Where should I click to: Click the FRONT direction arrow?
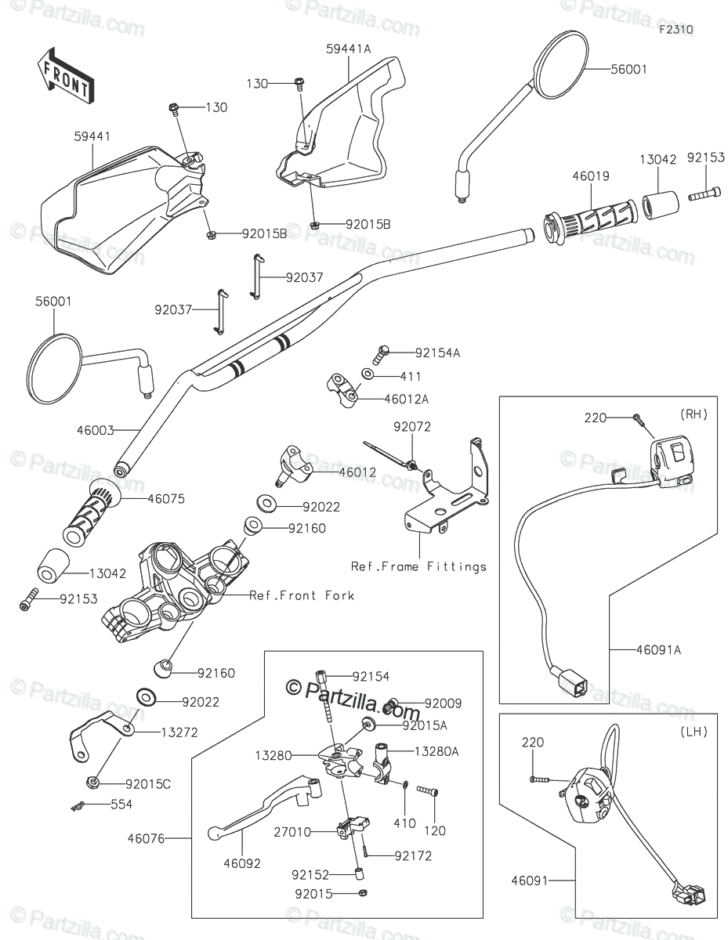point(65,76)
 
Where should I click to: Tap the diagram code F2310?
point(675,30)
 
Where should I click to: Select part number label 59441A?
point(348,49)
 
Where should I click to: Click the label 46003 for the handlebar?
point(95,430)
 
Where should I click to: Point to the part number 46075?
point(166,499)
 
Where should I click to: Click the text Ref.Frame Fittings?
point(418,566)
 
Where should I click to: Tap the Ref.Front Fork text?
point(302,595)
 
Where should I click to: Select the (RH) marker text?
point(694,414)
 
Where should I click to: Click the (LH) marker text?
point(694,732)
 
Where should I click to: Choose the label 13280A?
point(436,752)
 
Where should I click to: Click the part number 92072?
point(412,427)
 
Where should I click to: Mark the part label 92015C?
point(148,784)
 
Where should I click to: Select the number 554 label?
point(121,804)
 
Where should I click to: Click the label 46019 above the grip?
point(591,176)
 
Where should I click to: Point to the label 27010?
point(292,832)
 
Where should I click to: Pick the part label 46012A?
point(406,399)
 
